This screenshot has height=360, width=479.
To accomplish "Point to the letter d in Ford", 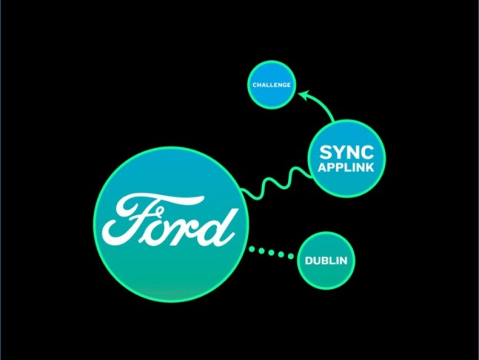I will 219,224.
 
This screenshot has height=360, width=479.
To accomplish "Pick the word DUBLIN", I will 326,261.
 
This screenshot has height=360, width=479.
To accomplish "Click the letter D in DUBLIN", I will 309,261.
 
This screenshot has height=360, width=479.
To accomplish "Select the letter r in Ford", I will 189,227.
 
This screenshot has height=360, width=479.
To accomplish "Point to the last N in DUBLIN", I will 343,261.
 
